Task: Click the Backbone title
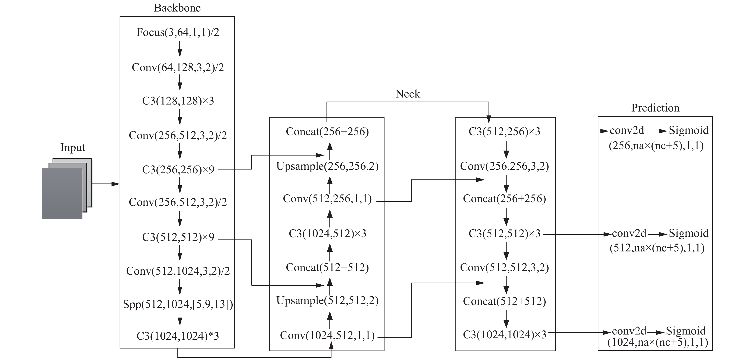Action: coord(177,8)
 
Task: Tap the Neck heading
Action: coord(408,94)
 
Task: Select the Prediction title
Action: coord(655,108)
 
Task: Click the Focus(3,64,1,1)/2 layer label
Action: coord(178,32)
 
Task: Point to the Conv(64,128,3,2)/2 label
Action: coord(178,67)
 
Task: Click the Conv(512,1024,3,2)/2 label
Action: coord(178,271)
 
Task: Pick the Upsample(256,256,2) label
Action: coord(327,166)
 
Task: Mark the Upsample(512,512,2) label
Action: coord(327,300)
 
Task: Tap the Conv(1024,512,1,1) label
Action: coord(327,335)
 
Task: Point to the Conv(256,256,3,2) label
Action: coord(504,166)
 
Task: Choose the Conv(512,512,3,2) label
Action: coord(504,267)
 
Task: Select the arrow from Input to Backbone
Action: coord(106,184)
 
